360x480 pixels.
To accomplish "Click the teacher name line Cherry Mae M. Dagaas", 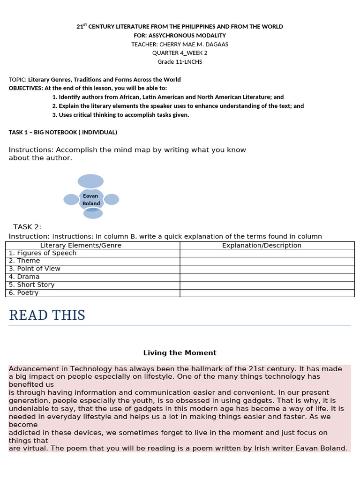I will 180,44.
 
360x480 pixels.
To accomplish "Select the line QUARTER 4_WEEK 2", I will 180,53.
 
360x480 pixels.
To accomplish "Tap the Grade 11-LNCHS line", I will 180,62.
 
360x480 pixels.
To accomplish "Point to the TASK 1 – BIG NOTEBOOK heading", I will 63,132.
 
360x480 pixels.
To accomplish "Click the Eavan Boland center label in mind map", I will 91,200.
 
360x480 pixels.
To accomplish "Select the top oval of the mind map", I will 90,181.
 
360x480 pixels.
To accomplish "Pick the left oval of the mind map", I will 71,199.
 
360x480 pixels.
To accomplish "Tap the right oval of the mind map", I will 112,199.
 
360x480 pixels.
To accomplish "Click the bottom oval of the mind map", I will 93,214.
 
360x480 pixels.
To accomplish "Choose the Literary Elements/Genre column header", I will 81,245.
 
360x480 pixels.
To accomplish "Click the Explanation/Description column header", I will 262,245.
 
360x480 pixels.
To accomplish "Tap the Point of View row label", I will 35,269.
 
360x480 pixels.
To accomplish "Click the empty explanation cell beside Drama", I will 267,277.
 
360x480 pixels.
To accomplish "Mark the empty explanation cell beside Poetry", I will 267,292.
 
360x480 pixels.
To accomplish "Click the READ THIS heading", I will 47,315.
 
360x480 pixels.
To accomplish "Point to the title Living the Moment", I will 180,352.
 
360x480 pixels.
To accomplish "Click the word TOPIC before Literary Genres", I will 17,80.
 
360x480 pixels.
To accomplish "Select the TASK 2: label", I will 27,227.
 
